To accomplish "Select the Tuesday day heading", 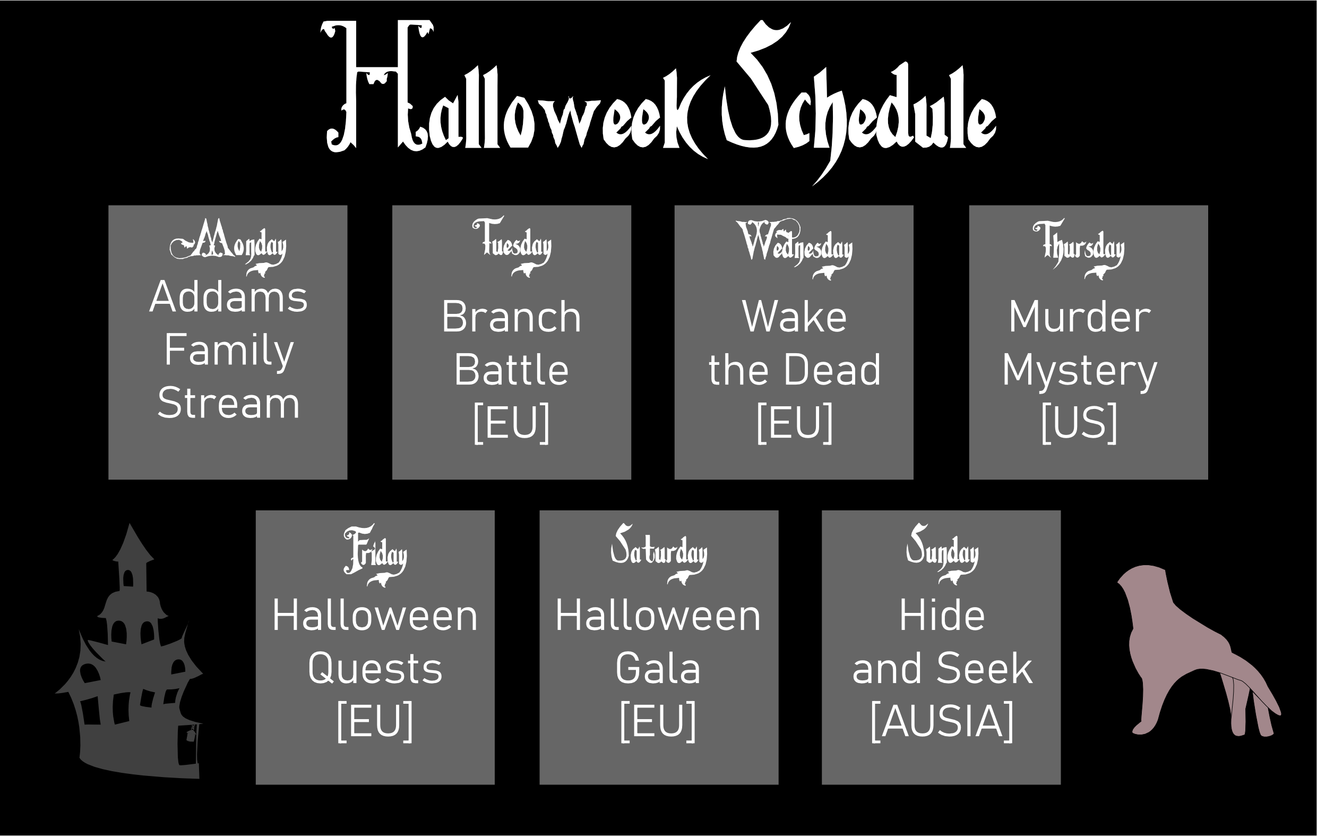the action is coord(512,246).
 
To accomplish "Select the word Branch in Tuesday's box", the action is coord(511,317).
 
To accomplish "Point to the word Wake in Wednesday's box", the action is coord(794,317).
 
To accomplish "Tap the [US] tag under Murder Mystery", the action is coord(1079,423).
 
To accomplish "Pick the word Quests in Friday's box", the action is coord(375,669).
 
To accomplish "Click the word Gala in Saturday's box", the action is coord(658,669).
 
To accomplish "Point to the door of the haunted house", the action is coord(188,745).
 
